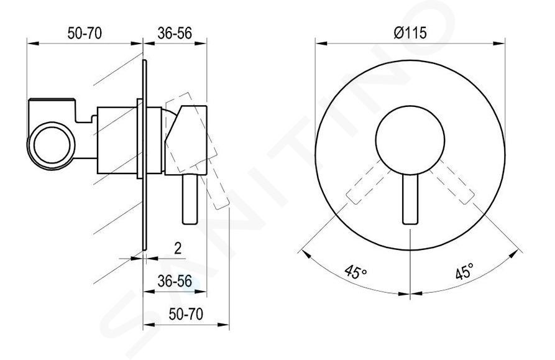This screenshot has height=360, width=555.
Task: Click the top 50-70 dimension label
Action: [85, 34]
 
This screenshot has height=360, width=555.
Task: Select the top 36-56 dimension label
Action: [175, 34]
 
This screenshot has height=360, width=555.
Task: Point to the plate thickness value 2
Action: [178, 249]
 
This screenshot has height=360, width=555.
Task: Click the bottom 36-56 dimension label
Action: [175, 282]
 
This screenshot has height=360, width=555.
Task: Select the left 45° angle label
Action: [356, 272]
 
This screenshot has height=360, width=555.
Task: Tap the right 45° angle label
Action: [464, 272]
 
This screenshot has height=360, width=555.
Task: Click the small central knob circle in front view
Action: [410, 141]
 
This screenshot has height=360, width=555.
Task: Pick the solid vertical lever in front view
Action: [410, 200]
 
